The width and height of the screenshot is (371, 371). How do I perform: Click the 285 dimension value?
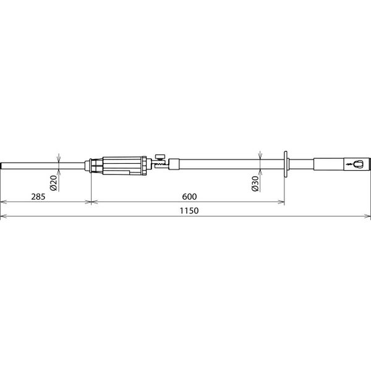coord(38,197)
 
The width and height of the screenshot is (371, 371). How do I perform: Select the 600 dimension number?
coord(189,197)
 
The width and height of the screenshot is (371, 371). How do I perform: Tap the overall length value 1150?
coord(189,211)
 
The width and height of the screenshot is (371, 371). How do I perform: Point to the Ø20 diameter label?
coord(54,183)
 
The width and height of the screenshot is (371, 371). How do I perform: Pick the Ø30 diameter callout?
coord(255,184)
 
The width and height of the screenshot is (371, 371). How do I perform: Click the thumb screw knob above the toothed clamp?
coord(160,156)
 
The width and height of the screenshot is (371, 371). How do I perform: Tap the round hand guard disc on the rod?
coord(286,164)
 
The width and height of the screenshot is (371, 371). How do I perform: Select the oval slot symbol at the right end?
coord(357,164)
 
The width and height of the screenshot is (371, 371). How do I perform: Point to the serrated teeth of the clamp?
coord(161,164)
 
